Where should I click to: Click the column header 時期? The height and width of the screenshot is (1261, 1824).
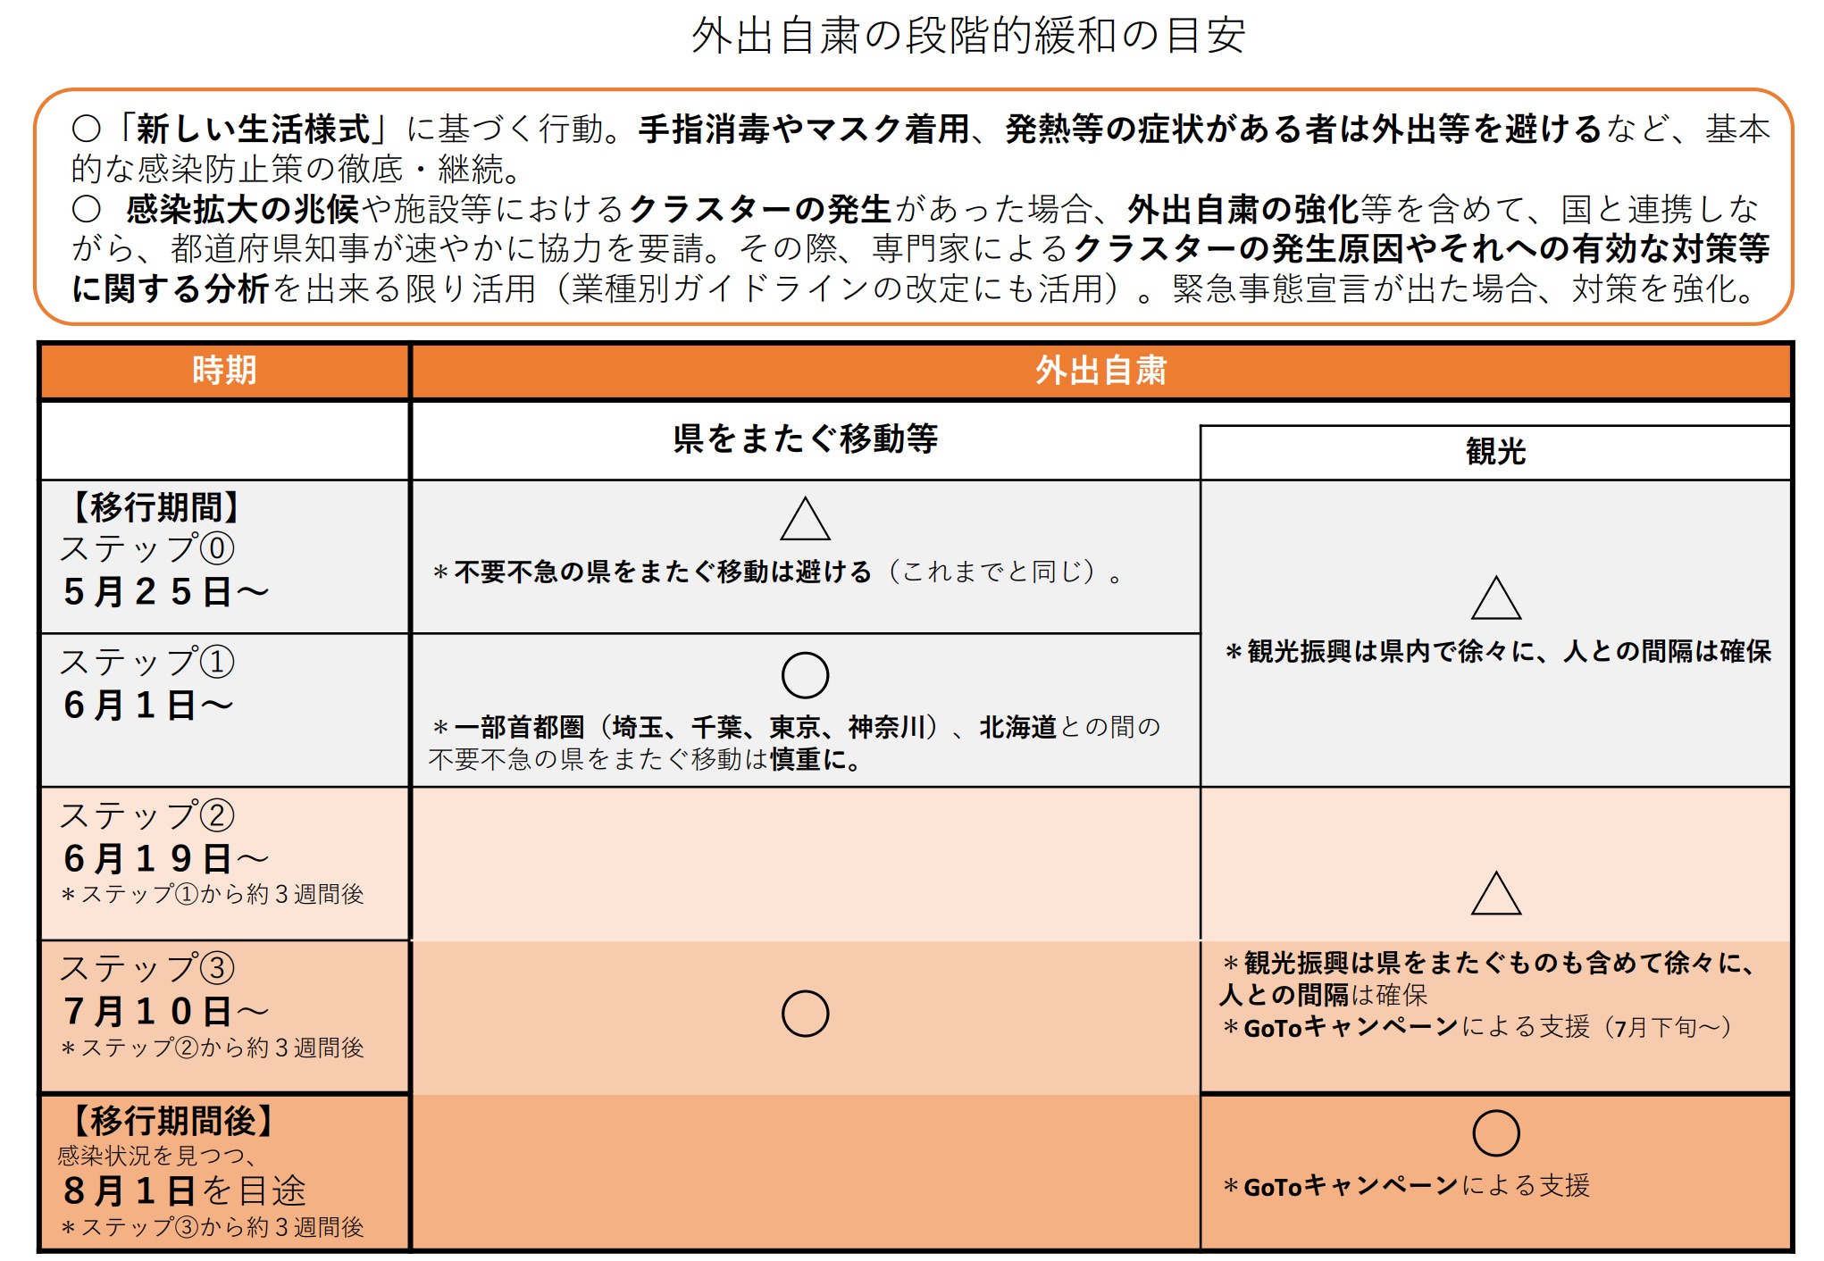pos(224,371)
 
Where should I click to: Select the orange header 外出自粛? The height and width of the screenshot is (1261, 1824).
pos(1100,371)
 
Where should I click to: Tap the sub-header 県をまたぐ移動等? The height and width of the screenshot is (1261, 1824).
pos(805,439)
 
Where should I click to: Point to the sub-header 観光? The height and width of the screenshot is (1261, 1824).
pos(1495,452)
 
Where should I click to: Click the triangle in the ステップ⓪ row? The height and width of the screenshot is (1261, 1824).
pos(805,520)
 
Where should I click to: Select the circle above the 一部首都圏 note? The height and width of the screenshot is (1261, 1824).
pos(805,675)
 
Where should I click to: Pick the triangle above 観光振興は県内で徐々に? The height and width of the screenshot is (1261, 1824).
pos(1496,599)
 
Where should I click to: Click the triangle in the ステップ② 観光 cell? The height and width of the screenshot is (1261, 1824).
pos(1496,894)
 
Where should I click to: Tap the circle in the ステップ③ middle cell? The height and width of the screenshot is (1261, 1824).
pos(805,1014)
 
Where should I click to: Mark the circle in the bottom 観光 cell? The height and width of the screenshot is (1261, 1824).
pos(1496,1133)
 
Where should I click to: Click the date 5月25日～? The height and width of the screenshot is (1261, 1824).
pos(165,592)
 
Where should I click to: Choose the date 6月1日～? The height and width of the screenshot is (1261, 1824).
pos(147,706)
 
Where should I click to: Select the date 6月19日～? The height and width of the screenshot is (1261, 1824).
pos(165,859)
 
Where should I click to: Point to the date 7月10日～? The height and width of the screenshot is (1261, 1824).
pos(165,1012)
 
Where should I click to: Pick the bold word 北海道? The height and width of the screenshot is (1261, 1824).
pos(1017,728)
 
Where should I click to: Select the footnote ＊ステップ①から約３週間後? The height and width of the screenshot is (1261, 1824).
pos(213,895)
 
